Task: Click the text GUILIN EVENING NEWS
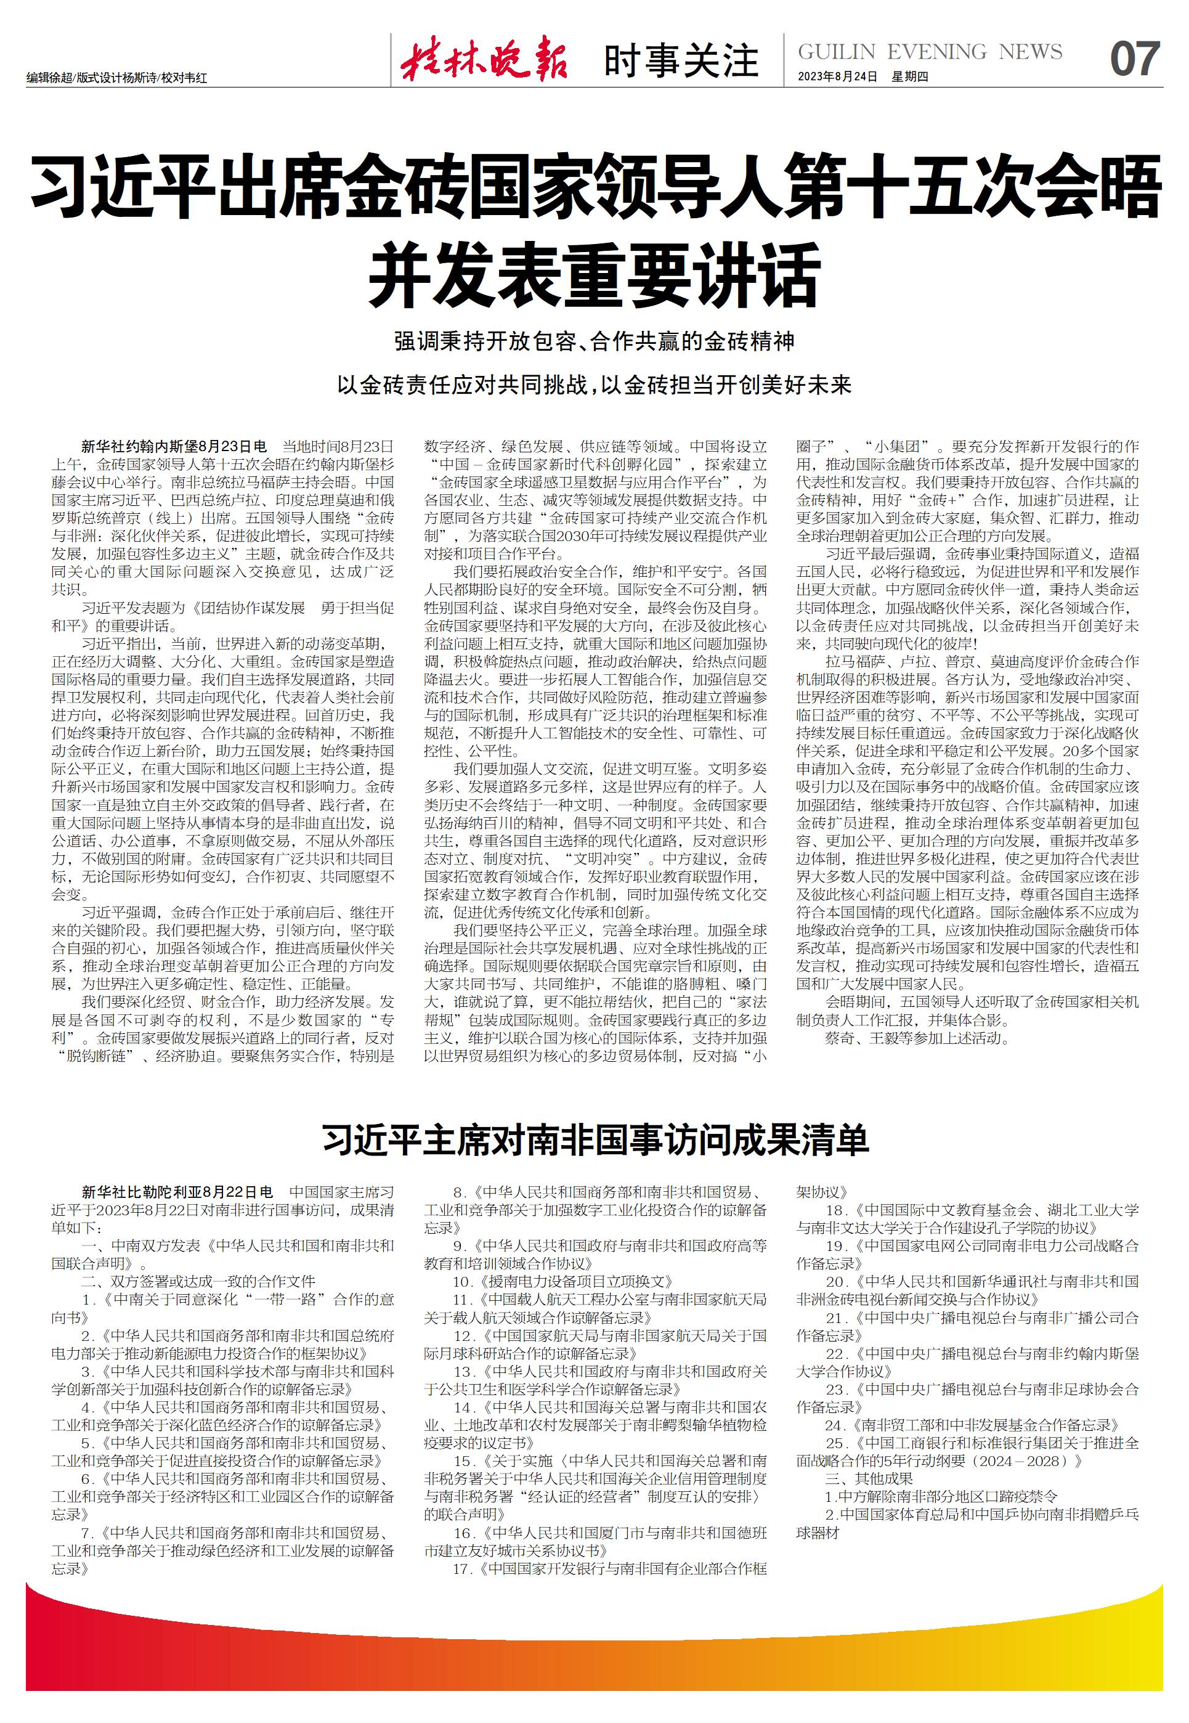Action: tap(930, 51)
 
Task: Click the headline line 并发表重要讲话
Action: tap(594, 275)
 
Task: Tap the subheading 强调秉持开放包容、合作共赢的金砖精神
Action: tap(594, 342)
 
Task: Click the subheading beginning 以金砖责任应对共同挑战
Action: tap(594, 385)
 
